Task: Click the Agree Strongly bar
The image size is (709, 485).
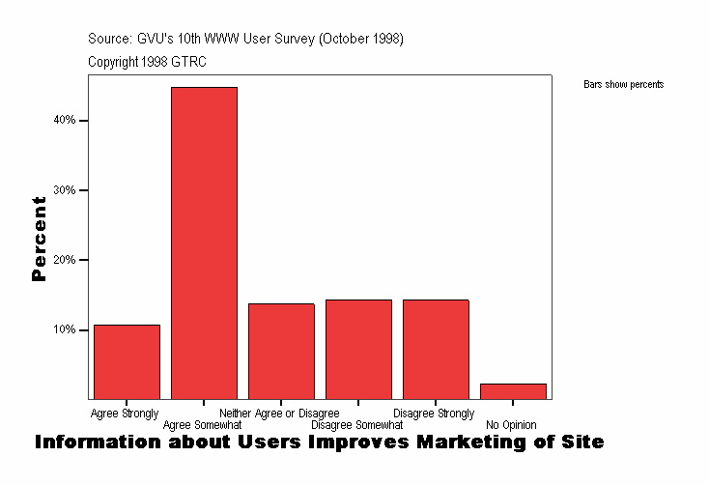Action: point(127,361)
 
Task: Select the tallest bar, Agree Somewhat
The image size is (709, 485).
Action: point(204,242)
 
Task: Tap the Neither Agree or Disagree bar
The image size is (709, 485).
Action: point(281,351)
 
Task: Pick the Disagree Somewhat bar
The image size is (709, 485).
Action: point(358,349)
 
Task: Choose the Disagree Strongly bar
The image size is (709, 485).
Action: point(436,349)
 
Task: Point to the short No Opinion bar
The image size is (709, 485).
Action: point(513,391)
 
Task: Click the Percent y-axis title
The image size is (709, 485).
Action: point(40,239)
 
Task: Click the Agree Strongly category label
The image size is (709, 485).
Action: point(125,414)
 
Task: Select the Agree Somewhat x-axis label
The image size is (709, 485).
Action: point(203,425)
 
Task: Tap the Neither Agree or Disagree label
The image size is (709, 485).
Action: point(279,414)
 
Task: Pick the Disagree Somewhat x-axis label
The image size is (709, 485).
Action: point(356,425)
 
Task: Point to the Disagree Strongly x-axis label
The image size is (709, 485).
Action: point(434,414)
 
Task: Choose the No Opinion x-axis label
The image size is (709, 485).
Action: point(511,425)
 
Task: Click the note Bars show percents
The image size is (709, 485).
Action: point(623,85)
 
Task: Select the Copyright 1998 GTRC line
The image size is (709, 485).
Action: point(147,62)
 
